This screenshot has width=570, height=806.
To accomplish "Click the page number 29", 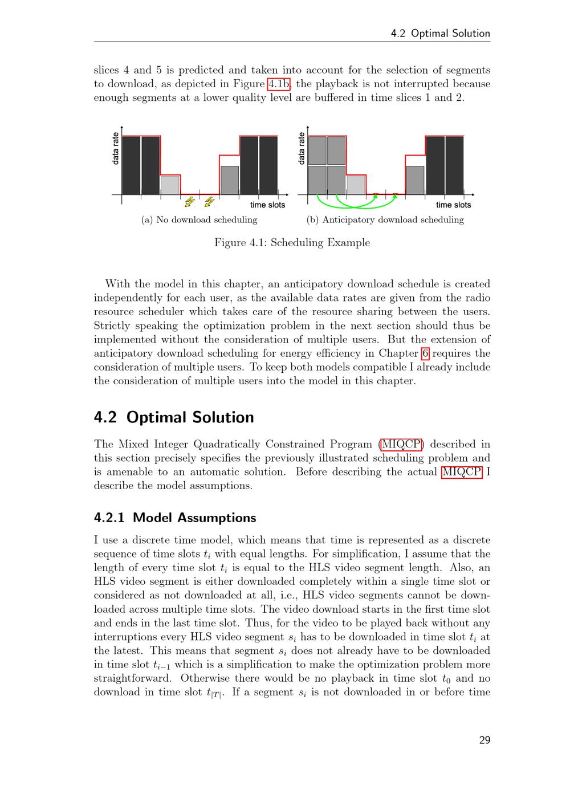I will [484, 740].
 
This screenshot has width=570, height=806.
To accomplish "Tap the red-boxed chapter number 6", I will [425, 353].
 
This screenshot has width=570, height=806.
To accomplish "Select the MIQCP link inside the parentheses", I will [402, 445].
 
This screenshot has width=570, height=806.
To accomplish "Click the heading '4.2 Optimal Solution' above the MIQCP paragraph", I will [174, 417].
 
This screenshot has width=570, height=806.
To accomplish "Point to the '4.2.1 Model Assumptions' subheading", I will [175, 518].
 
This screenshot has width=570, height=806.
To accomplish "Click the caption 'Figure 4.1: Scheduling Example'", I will [292, 243].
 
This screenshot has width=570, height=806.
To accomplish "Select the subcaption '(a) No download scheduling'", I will [199, 220].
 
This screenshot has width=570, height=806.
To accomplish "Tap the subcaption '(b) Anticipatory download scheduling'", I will [385, 220].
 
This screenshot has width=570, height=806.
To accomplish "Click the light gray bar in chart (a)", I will [170, 185].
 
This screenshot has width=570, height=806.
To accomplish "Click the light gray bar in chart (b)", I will [356, 185].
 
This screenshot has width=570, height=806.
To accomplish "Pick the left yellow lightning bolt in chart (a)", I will [190, 202].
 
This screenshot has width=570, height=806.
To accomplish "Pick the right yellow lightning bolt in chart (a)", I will [209, 202].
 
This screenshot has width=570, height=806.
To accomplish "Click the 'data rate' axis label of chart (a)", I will [116, 149].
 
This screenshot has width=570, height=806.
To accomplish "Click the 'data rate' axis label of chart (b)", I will [302, 149].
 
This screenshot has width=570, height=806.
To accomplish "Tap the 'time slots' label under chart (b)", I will [453, 205].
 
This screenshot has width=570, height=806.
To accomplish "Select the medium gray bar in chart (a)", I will [229, 180].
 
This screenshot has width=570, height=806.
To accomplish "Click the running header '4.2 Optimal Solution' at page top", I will [440, 34].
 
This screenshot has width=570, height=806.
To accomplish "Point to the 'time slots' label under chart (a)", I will [267, 205].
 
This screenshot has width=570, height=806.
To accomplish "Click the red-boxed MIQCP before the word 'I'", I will [462, 472].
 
